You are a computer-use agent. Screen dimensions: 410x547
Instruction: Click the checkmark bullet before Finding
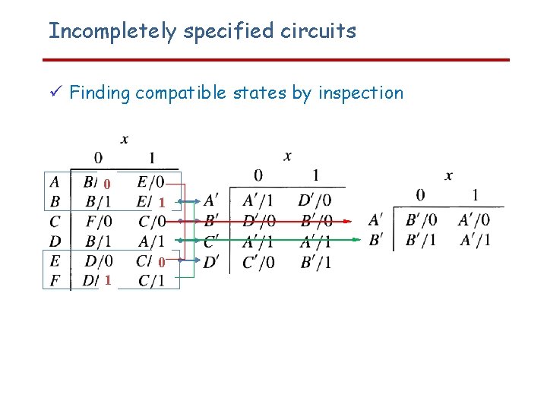[x=53, y=93]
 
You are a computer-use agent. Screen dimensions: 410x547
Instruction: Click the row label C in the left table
[x=55, y=222]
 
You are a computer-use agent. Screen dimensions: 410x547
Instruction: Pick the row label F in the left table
[x=55, y=281]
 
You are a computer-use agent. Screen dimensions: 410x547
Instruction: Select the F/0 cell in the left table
[x=99, y=222]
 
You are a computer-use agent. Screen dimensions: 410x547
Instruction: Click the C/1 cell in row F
[x=151, y=281]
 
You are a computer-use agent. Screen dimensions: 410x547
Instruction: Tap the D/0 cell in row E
[x=99, y=261]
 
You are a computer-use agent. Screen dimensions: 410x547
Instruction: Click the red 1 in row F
[x=109, y=281]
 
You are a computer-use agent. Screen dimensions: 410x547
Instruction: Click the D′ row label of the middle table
[x=212, y=263]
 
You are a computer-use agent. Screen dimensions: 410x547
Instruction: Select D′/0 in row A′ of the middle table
[x=315, y=200]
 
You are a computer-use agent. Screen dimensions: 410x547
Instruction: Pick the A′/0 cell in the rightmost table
[x=473, y=220]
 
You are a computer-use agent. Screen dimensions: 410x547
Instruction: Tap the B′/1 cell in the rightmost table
[x=421, y=240]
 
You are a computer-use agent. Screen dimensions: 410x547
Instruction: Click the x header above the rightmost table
[x=448, y=175]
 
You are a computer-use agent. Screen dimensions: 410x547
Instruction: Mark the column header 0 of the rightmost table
[x=420, y=195]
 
